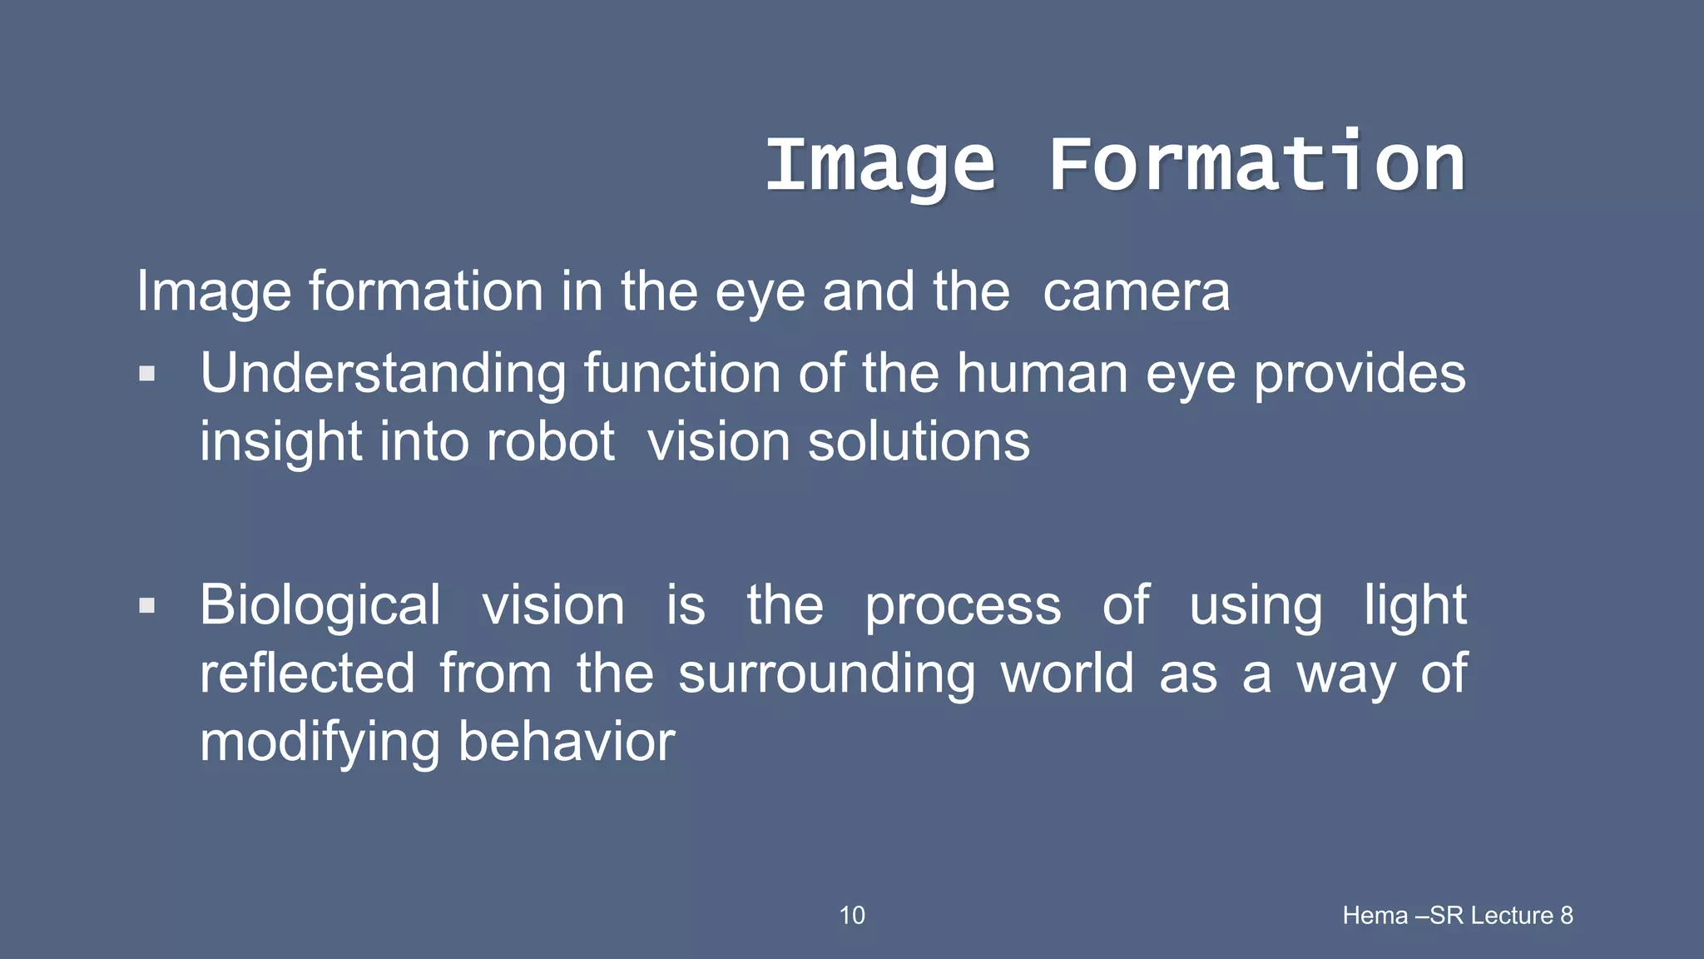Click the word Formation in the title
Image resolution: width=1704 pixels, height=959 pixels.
(x=1256, y=165)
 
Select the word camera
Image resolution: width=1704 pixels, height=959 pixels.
(x=1136, y=292)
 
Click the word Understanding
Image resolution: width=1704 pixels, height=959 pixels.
(x=383, y=374)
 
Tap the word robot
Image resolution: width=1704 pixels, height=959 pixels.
(x=550, y=441)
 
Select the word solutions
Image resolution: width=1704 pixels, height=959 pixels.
(x=919, y=441)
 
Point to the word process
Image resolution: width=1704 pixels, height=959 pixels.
(x=963, y=607)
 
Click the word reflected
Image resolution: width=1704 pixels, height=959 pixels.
(x=307, y=673)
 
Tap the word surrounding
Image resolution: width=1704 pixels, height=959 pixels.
(x=826, y=675)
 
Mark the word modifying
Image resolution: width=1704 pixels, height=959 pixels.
(x=319, y=743)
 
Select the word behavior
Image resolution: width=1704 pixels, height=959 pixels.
(x=567, y=742)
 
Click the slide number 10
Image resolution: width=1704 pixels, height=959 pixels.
(x=852, y=916)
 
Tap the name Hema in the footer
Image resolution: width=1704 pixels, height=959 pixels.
(x=1375, y=916)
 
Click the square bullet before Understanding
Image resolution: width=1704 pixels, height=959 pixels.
(x=147, y=373)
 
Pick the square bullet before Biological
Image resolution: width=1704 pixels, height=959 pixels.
(x=147, y=605)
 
